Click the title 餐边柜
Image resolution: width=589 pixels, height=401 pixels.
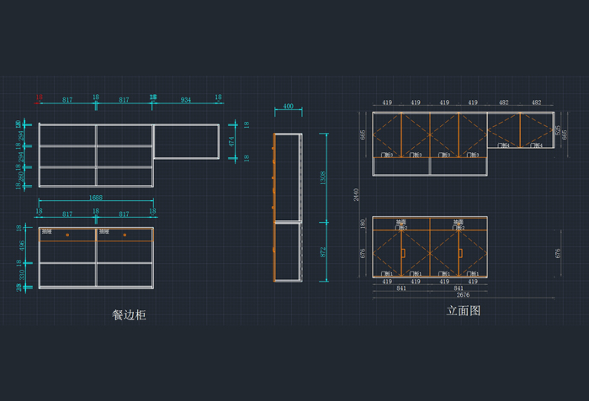click(x=129, y=314)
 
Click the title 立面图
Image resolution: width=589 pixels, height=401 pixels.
click(x=463, y=310)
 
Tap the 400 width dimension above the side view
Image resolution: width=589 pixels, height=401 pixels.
click(x=288, y=107)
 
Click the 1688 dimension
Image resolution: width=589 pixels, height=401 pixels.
click(x=95, y=198)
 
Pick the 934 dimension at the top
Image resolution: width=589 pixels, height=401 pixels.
click(x=185, y=99)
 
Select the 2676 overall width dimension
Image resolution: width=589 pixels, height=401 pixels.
click(x=463, y=295)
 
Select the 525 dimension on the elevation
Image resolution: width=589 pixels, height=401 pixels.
click(x=557, y=130)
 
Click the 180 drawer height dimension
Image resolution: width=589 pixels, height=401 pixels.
click(x=363, y=224)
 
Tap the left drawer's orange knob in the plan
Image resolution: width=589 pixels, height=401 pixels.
click(x=67, y=235)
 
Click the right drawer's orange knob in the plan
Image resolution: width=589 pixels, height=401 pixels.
click(x=125, y=235)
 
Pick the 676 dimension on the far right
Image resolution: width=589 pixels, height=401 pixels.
click(x=558, y=252)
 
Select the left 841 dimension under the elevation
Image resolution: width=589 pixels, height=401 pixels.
click(x=401, y=288)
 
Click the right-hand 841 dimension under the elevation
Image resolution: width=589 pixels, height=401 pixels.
click(x=458, y=288)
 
